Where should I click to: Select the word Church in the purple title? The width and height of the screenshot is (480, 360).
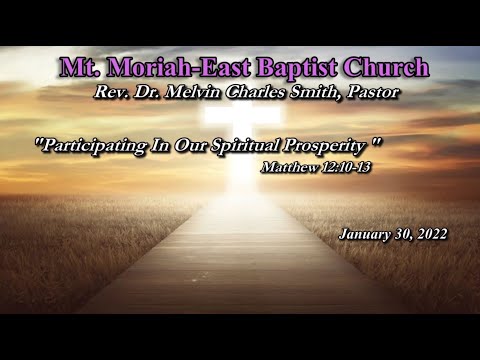coord(382,69)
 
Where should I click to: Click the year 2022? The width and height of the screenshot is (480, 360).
coord(432,234)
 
